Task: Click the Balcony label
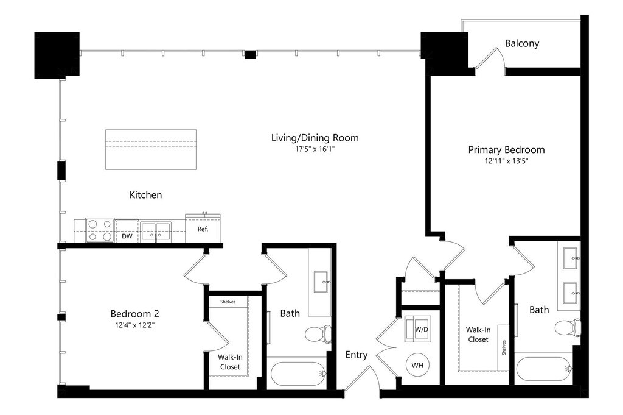click(521, 43)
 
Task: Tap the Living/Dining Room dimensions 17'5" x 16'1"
click(315, 149)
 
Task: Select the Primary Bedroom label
click(506, 150)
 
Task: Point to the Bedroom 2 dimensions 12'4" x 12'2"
click(134, 325)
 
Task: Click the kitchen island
click(151, 149)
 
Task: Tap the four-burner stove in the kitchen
click(100, 230)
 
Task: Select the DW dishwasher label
click(127, 236)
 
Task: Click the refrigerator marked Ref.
click(203, 229)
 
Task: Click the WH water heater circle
click(417, 365)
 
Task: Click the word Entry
click(357, 355)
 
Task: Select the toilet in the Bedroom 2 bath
click(318, 335)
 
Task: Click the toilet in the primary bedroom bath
click(568, 328)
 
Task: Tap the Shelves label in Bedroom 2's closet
click(228, 302)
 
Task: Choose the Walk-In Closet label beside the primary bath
click(478, 335)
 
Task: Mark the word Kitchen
click(146, 195)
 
